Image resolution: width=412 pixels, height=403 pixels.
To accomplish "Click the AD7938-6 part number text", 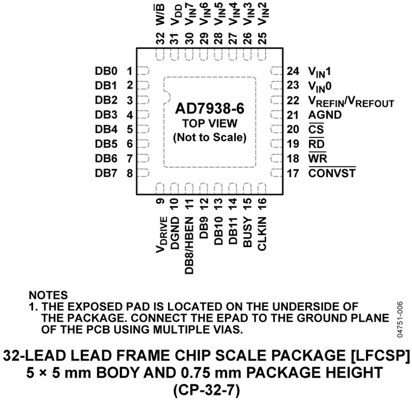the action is (x=210, y=109).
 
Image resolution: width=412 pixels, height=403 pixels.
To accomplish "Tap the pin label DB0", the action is (x=106, y=71).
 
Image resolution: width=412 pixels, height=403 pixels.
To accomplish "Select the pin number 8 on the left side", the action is (x=130, y=173).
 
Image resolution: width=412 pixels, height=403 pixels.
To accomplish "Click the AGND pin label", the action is (x=325, y=115).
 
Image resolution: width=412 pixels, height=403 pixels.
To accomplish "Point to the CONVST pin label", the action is (x=332, y=173).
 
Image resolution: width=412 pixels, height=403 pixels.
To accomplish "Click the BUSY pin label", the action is (x=248, y=232).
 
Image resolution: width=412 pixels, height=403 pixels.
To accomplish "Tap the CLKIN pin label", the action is (x=262, y=233).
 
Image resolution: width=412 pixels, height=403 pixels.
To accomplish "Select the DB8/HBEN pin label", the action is (x=189, y=246).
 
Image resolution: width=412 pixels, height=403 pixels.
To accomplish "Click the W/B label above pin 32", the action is (x=160, y=15).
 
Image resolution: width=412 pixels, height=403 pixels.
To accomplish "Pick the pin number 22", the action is (x=293, y=100).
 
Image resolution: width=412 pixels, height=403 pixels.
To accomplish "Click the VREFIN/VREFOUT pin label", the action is (x=351, y=101).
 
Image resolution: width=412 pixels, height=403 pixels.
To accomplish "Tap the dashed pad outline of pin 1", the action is (x=143, y=71).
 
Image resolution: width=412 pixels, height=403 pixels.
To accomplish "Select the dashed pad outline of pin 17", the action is (x=276, y=173).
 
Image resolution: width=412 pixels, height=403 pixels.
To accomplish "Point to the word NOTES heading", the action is (x=49, y=295).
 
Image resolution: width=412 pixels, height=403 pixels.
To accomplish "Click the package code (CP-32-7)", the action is (x=206, y=390).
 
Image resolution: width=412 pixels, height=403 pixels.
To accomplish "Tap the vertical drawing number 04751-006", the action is (x=400, y=319).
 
